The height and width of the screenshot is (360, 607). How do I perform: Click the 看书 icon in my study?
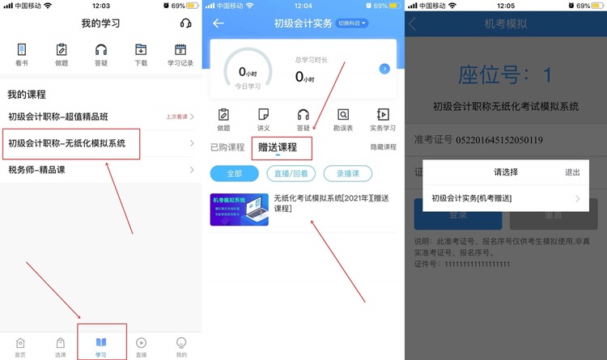coord(21,53)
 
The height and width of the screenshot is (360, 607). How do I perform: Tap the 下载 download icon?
coord(141,53)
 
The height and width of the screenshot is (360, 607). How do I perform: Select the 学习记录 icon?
coord(180,53)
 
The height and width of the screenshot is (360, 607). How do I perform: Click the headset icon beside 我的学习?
coord(185,23)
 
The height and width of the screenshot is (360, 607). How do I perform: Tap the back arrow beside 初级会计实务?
coord(219,23)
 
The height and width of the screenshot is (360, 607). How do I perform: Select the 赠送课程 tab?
coord(278,147)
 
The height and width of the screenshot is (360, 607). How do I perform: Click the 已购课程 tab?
coord(227,147)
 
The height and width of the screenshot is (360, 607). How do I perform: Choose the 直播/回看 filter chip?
coord(291,173)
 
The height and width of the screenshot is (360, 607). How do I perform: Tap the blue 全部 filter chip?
coord(234,173)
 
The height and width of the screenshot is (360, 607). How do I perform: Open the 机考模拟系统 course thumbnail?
coord(239,209)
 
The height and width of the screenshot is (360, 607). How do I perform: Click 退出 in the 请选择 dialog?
coord(572,172)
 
